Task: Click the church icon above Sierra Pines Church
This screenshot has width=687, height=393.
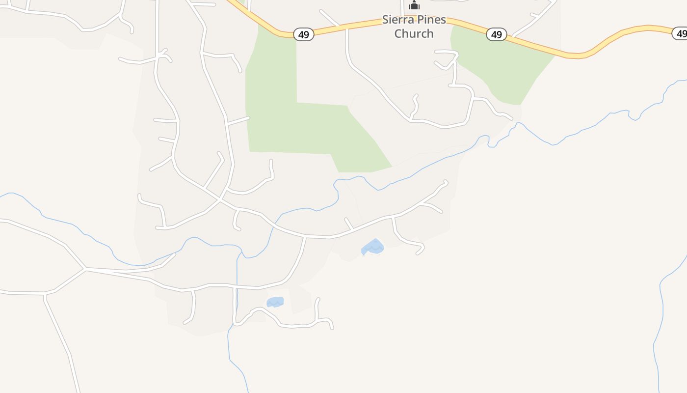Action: tap(414, 5)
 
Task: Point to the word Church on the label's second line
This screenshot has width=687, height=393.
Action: tap(414, 33)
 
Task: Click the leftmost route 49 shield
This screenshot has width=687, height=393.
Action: tap(303, 34)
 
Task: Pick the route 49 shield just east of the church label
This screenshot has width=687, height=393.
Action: tap(496, 34)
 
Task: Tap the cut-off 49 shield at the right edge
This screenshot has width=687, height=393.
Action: tap(681, 33)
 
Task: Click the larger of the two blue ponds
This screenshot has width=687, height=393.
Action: tap(373, 247)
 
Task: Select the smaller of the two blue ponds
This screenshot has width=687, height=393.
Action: tap(275, 302)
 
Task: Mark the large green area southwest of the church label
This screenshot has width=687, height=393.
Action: tap(294, 128)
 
